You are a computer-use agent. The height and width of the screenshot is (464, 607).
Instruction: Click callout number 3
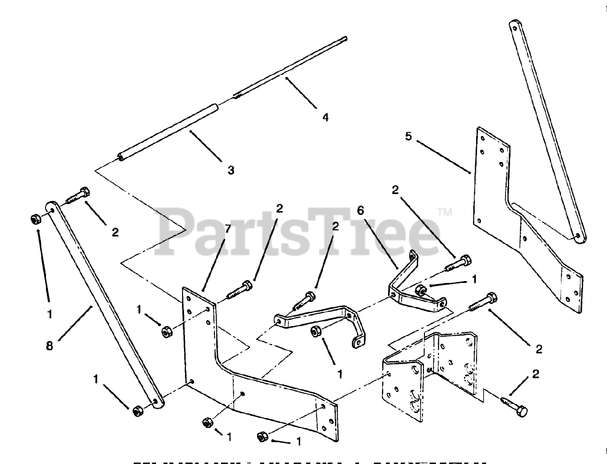coord(231,170)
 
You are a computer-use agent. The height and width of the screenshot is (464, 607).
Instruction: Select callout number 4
coord(325,117)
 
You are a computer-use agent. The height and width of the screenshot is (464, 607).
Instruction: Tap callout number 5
coord(409,137)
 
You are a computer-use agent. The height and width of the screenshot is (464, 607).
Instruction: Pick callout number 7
coord(228,229)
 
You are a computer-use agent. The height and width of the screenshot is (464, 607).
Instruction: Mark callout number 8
coord(49,346)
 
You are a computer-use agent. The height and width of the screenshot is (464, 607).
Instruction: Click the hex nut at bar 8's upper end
coord(36,219)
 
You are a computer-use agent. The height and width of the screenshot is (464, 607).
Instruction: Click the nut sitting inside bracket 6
coord(420,290)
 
